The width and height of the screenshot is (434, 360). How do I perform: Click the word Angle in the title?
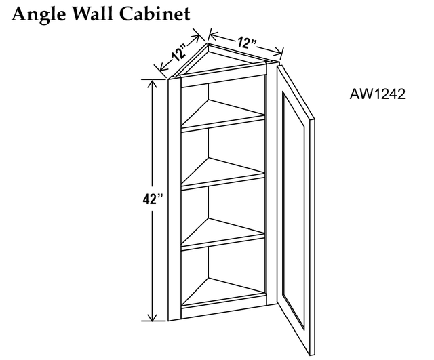[x=39, y=14]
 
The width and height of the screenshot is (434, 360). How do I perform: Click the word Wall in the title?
[x=93, y=14]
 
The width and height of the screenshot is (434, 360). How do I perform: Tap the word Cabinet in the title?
[x=155, y=14]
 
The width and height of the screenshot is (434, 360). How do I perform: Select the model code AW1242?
[x=377, y=94]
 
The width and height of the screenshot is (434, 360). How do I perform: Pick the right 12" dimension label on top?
[x=246, y=42]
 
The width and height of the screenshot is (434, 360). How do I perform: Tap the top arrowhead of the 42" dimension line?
[x=152, y=83]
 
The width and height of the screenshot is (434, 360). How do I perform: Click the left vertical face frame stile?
[x=175, y=199]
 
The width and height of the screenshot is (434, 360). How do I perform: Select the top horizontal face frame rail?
[x=223, y=80]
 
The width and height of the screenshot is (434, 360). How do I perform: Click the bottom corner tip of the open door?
[x=311, y=355]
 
